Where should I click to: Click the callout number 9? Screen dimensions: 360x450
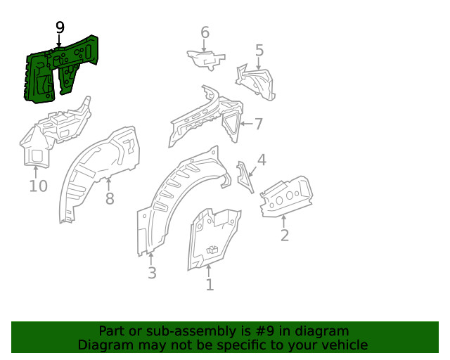point(60,27)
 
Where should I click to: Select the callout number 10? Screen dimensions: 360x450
point(38,186)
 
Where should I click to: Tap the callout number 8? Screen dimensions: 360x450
point(110,199)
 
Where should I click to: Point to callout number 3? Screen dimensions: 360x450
point(152,274)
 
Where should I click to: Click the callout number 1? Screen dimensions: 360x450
point(209,285)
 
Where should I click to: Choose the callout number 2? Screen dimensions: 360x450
point(284,236)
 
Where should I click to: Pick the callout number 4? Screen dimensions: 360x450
point(262,160)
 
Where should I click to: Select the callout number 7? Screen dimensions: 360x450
point(258,124)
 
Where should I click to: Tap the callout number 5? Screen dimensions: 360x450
point(259,51)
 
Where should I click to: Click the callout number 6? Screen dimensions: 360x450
point(205,32)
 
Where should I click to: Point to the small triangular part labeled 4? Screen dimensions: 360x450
point(245,176)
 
